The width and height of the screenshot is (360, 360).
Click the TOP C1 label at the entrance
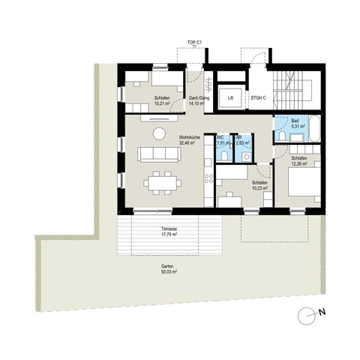point(196,43)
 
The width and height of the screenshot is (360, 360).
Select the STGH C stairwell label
point(259,96)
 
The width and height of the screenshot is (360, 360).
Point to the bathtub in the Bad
point(315,129)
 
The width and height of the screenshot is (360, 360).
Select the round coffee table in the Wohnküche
point(159,133)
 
